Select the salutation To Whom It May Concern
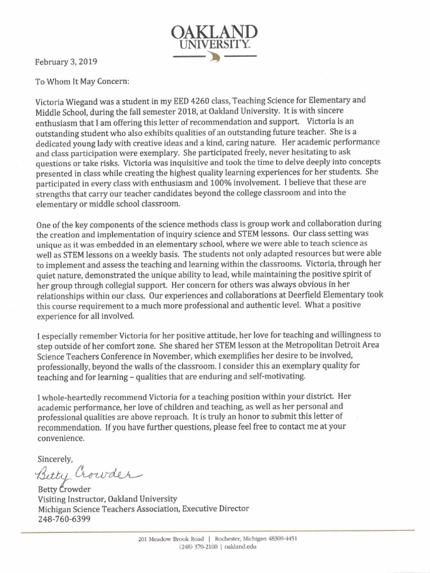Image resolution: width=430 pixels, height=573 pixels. pos(82,81)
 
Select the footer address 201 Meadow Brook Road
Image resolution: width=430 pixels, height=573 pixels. pos(170,539)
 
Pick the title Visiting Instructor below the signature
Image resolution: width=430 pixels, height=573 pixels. pos(70,499)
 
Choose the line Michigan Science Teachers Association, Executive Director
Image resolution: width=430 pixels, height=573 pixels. pos(143,509)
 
